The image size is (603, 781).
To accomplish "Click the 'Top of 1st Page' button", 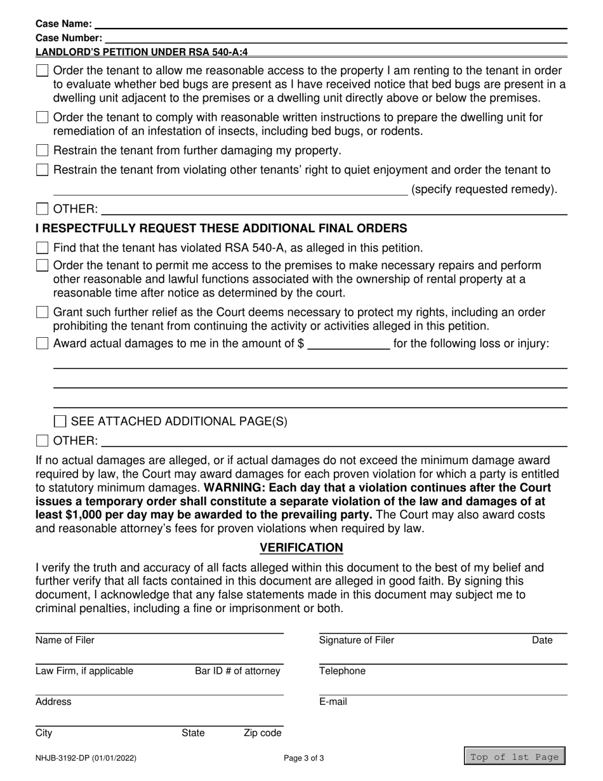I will pos(514,757).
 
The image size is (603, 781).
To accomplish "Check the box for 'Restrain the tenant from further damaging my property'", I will pos(43,150).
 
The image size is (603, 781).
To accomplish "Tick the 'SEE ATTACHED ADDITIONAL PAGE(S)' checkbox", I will pos(60,421).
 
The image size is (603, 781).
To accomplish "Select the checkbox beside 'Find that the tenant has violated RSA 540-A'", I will pos(43,248).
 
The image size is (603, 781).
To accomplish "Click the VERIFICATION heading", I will pos(301,547).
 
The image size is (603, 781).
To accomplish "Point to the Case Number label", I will pos(69,38).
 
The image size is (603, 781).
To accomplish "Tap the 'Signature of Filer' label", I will pos(356,640).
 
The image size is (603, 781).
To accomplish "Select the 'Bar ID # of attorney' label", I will pos(237,671).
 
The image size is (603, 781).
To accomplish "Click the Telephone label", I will pos(342,671).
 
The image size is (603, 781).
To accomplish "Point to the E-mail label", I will pos(333,702).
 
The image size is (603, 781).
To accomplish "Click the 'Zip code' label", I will pos(262,733).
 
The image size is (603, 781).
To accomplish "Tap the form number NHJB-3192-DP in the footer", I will pos(85,758).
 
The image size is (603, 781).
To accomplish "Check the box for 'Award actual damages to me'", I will pos(43,344).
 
